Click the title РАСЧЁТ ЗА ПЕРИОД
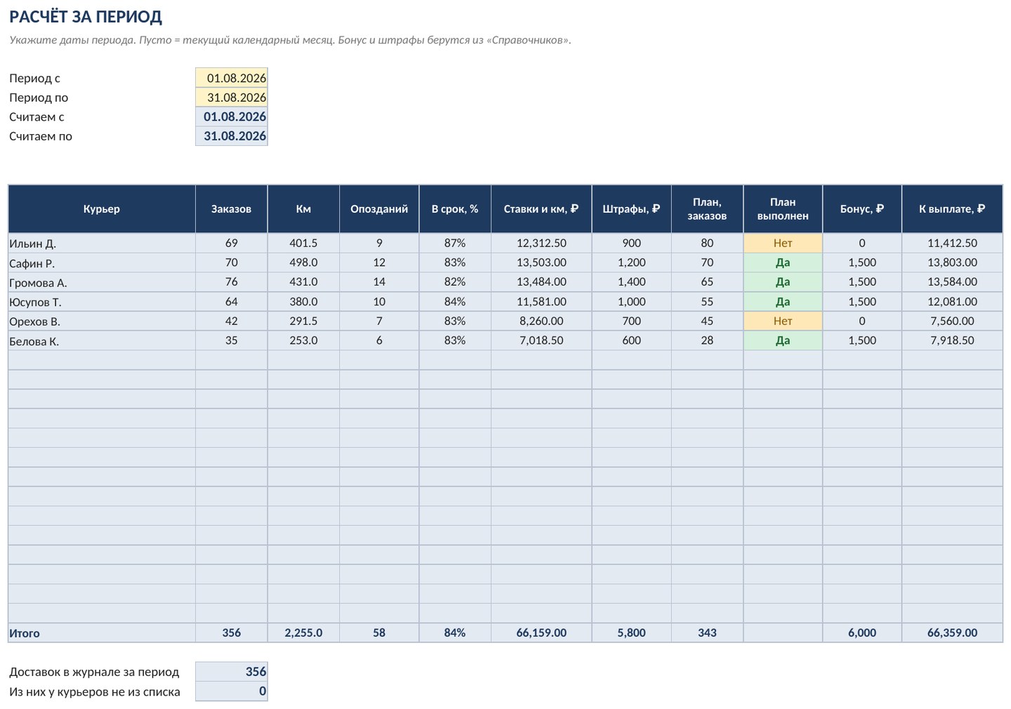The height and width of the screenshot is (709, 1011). coord(86,17)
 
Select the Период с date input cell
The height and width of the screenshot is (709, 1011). coord(232,78)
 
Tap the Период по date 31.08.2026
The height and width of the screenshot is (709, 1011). coord(237,98)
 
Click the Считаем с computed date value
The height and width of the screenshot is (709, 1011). coord(234,117)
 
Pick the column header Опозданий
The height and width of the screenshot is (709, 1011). coord(379,209)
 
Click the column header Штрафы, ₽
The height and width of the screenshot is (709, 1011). coord(631,209)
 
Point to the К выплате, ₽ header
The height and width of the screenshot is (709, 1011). coord(952,209)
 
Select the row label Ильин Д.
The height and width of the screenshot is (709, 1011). coord(32,244)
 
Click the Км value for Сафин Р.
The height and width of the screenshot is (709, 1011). coord(303,263)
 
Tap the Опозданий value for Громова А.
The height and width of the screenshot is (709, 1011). coord(379,282)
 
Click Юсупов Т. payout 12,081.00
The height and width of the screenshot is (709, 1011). coord(952,301)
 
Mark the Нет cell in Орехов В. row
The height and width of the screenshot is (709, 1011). coord(783,321)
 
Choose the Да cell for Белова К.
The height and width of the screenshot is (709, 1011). coord(783,340)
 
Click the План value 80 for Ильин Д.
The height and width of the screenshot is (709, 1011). coord(707,244)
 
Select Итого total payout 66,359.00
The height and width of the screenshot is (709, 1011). coord(952,632)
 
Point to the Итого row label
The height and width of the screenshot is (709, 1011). coord(25,633)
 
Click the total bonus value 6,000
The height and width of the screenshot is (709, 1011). coord(861,632)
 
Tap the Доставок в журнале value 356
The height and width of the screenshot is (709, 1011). coord(256,672)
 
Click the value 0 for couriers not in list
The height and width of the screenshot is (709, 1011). coord(263,691)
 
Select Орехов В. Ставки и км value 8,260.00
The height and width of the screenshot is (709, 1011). coord(541,321)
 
